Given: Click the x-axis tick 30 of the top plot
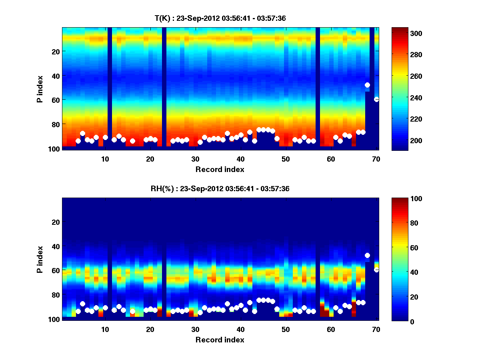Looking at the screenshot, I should [x=195, y=159].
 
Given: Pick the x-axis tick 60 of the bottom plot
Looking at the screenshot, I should [x=331, y=329].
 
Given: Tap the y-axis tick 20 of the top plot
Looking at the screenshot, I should [x=55, y=51].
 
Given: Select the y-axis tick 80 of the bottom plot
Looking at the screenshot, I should [x=55, y=295].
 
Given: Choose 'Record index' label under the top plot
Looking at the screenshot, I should [x=220, y=169].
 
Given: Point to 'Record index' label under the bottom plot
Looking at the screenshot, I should [x=220, y=340].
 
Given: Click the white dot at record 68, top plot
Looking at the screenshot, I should [x=367, y=85].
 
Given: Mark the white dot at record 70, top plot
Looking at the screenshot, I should [x=376, y=100].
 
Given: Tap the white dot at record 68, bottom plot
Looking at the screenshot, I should [x=367, y=255].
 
